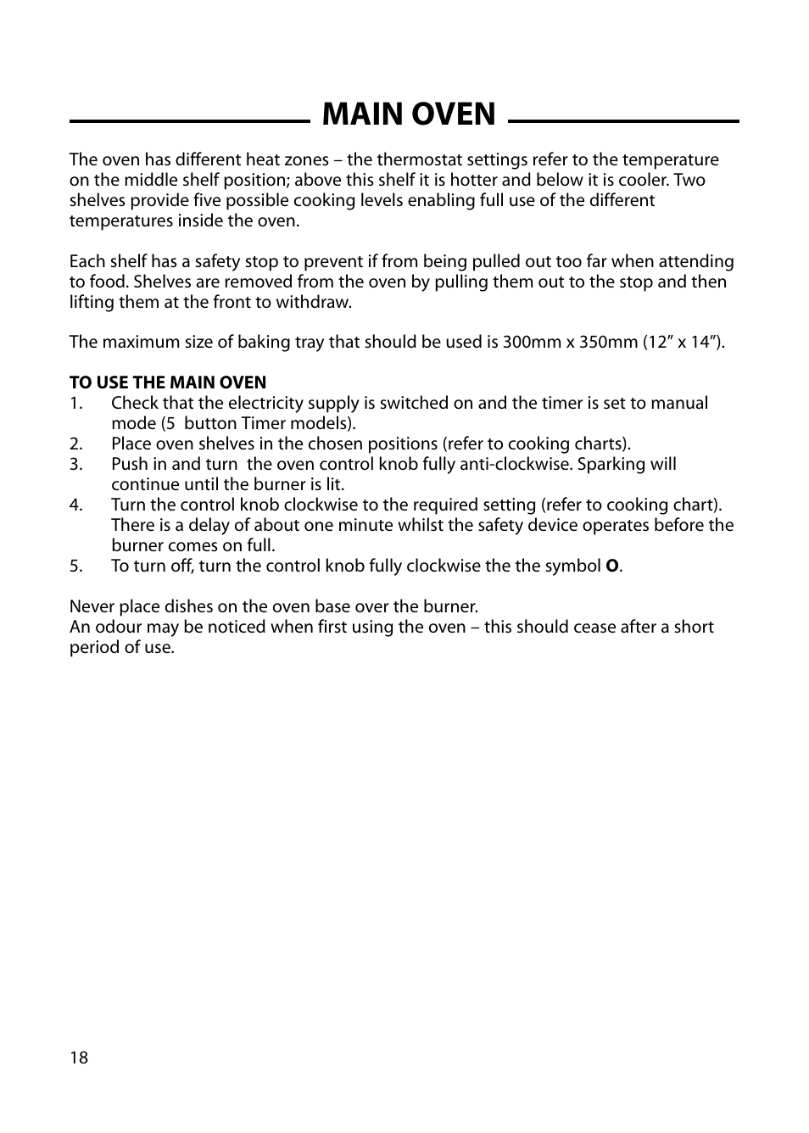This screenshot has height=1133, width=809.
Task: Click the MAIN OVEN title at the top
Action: tap(409, 114)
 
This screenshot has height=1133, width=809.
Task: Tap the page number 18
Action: tap(79, 1058)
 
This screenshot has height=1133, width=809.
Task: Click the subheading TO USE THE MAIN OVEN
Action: tap(168, 382)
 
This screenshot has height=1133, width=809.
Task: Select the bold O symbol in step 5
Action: tap(611, 566)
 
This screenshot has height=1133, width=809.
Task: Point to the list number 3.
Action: tap(76, 464)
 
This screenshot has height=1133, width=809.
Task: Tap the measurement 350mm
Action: tap(608, 342)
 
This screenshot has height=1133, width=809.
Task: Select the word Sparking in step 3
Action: tap(611, 464)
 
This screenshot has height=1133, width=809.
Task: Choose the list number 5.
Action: tap(76, 566)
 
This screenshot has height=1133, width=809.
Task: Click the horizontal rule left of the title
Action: tap(189, 121)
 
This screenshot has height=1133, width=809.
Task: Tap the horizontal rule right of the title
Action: tap(623, 121)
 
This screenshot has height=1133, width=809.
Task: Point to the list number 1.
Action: tap(76, 403)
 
